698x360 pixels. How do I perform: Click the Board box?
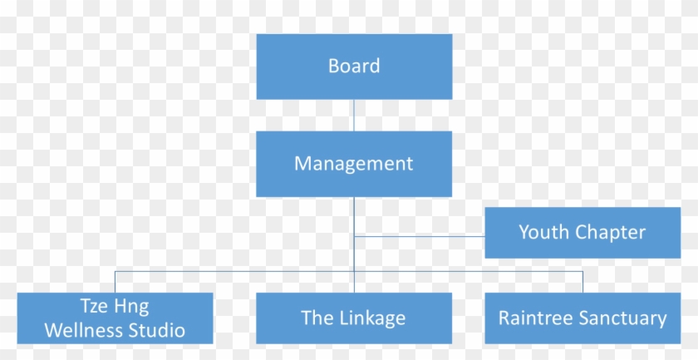[354, 67]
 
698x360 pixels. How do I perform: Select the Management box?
[354, 164]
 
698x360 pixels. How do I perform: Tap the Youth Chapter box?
[582, 233]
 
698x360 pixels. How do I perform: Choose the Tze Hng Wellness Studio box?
[115, 318]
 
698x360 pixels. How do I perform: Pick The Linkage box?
[354, 318]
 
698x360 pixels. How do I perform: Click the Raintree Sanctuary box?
[582, 318]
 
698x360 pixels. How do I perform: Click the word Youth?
[542, 233]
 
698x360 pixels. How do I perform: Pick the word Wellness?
[81, 330]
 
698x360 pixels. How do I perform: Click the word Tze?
[94, 306]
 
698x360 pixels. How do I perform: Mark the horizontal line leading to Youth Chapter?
[420, 236]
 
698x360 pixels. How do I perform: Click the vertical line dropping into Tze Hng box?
[115, 281]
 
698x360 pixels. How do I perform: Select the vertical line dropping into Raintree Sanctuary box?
[582, 281]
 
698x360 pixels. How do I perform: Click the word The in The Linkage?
[316, 318]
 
